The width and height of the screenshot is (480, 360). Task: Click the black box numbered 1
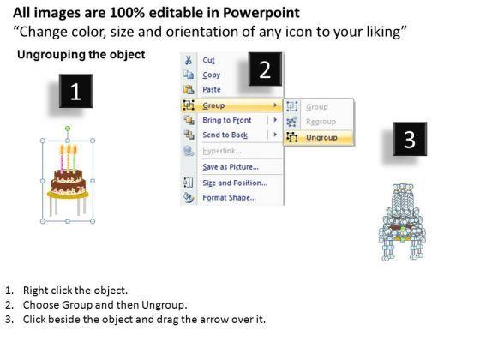click(76, 91)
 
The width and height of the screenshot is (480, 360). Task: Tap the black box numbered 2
click(265, 69)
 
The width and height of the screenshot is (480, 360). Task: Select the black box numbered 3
click(410, 139)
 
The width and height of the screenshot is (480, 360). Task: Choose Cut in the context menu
click(209, 60)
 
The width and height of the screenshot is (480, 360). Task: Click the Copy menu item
click(211, 75)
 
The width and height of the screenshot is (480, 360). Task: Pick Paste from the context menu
click(212, 89)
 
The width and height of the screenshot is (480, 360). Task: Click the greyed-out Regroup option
click(321, 122)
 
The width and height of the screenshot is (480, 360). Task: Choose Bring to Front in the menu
click(227, 120)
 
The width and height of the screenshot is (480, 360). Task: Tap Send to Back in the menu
click(225, 135)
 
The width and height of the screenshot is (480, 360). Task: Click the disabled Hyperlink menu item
click(222, 151)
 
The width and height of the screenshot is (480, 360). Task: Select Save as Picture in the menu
click(231, 167)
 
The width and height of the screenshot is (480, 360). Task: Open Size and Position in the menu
click(235, 183)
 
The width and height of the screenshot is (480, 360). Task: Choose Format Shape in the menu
click(229, 198)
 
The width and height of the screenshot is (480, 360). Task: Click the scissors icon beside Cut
click(189, 60)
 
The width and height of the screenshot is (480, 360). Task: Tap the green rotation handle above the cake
click(68, 129)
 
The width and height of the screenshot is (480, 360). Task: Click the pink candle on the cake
click(62, 159)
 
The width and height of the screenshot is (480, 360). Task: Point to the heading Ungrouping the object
click(81, 55)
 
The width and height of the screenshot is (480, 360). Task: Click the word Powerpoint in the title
click(261, 13)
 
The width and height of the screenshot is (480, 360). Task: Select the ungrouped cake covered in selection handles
click(402, 222)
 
